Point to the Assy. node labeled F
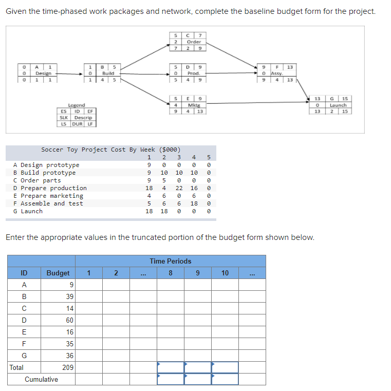(277, 73)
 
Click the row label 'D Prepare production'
(50, 188)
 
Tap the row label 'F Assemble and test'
(48, 203)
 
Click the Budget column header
(58, 273)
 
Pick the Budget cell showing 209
(67, 367)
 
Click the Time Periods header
(171, 261)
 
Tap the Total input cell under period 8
(171, 367)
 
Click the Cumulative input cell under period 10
(225, 379)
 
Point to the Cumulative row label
(42, 379)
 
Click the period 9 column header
(198, 273)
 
